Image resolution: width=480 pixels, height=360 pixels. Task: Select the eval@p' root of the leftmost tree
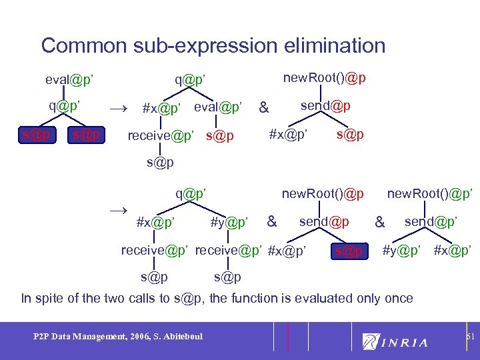69,81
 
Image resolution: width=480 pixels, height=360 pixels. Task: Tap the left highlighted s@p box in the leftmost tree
35,135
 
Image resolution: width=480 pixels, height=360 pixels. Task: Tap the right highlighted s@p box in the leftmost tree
86,135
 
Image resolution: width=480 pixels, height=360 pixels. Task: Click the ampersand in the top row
265,107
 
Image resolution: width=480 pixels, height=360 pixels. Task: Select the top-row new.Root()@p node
324,79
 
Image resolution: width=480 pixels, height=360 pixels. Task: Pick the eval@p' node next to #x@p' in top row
218,107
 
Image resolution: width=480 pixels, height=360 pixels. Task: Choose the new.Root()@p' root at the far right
430,194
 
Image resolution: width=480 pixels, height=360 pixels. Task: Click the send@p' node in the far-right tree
430,221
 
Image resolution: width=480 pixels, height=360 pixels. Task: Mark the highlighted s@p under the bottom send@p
349,251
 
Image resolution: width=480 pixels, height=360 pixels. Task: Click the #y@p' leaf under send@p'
401,251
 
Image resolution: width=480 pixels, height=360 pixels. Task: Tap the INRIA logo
395,342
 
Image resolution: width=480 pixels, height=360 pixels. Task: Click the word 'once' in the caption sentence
398,298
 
